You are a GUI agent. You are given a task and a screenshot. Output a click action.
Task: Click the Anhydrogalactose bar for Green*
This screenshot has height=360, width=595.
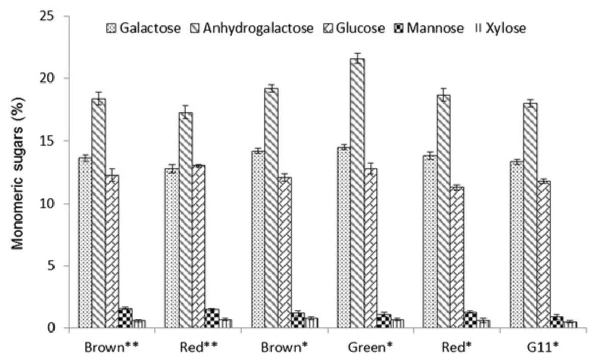click(358, 193)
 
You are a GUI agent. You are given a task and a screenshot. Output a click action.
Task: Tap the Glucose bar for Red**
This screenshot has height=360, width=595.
click(198, 247)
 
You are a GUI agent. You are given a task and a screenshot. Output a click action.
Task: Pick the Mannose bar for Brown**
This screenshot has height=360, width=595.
click(125, 318)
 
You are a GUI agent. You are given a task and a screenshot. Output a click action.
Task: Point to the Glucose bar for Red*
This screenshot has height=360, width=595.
click(457, 258)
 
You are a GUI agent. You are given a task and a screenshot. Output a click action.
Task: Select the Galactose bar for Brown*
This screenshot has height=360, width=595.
click(258, 239)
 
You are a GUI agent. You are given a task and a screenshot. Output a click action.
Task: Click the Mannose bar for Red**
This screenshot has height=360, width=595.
click(211, 319)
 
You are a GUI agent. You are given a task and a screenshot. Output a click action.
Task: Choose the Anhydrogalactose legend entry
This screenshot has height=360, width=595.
click(252, 28)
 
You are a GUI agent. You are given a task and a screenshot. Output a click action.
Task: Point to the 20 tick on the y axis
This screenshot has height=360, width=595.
click(52, 78)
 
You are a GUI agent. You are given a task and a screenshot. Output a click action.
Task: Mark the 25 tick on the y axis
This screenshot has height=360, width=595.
click(52, 16)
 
